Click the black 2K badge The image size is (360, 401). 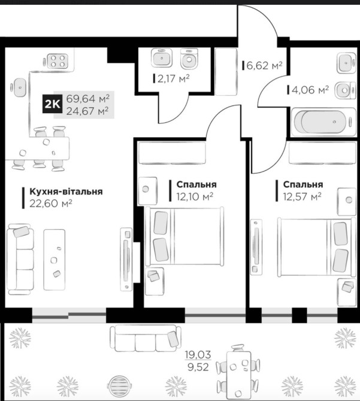click(x=53, y=104)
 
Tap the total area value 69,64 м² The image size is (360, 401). click(x=88, y=98)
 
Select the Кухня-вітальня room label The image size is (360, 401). click(x=66, y=192)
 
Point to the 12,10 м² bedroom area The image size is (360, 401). click(x=195, y=197)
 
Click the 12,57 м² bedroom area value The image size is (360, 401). click(x=302, y=197)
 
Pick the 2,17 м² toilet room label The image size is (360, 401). click(x=173, y=78)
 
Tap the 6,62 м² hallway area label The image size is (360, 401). click(x=264, y=65)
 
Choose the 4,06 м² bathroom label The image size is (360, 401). click(x=310, y=90)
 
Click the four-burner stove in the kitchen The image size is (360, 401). click(x=56, y=61)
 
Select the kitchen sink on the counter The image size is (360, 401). click(x=19, y=87)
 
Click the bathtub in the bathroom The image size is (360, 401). click(x=324, y=121)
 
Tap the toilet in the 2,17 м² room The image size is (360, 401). click(x=189, y=59)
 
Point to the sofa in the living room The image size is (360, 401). click(x=20, y=259)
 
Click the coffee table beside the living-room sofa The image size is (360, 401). click(x=54, y=260)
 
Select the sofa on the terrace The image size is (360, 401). click(x=146, y=338)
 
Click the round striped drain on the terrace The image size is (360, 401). click(x=120, y=385)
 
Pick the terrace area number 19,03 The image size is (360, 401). click(x=198, y=355)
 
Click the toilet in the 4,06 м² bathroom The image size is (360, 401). click(x=345, y=90)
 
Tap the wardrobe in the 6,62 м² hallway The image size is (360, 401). click(x=226, y=71)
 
